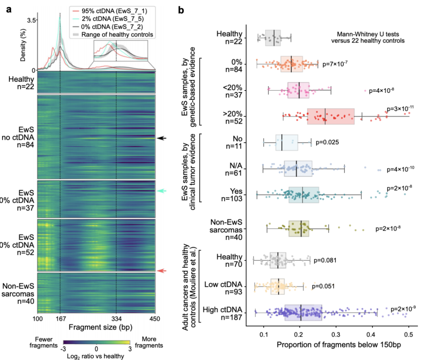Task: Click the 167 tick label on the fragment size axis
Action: click(x=60, y=320)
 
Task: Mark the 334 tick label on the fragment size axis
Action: click(x=116, y=320)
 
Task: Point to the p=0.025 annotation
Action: click(x=327, y=142)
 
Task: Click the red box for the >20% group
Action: click(x=330, y=116)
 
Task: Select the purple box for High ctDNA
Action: click(x=303, y=312)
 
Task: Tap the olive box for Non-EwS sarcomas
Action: click(x=299, y=229)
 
